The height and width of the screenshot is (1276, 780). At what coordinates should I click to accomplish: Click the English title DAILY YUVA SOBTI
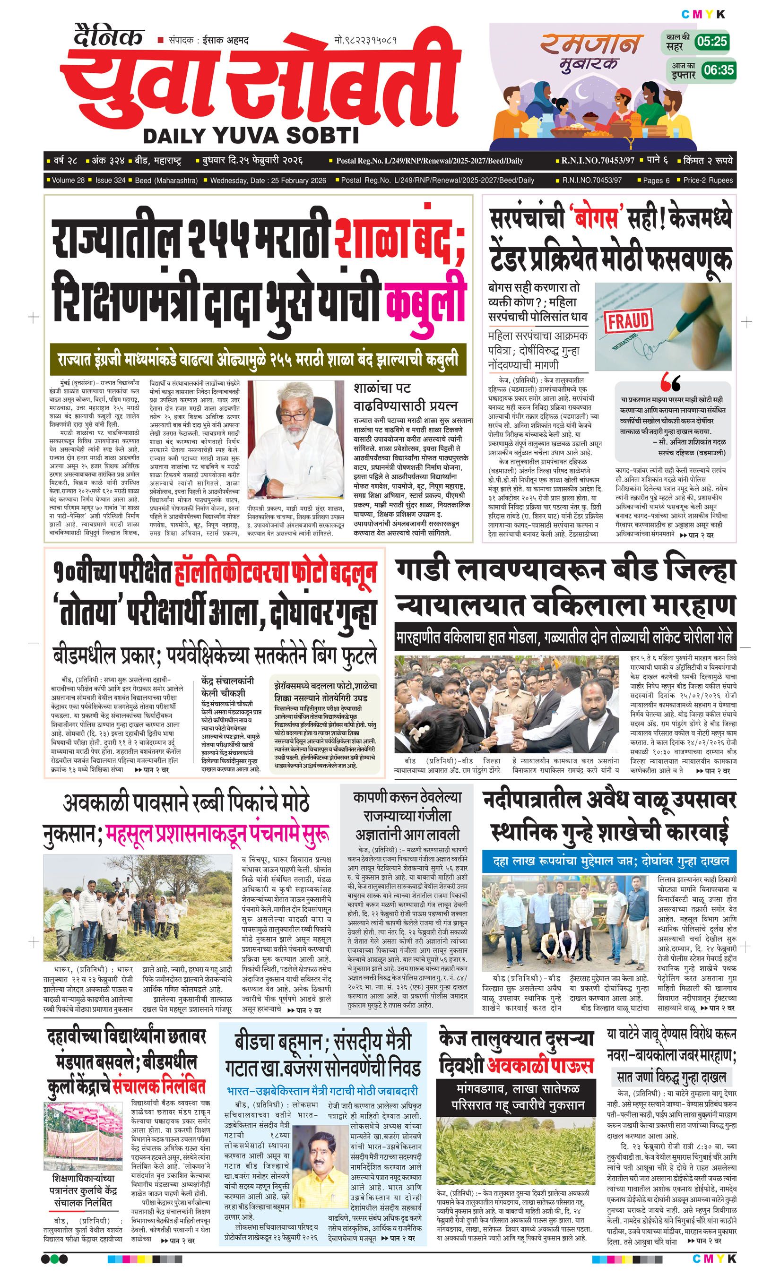click(x=251, y=136)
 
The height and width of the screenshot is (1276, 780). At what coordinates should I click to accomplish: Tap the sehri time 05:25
click(x=711, y=42)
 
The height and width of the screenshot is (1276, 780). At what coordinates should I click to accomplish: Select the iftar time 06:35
click(x=719, y=69)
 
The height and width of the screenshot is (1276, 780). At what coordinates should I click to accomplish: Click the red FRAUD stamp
click(x=627, y=321)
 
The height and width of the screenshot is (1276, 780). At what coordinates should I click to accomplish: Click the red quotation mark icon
click(x=671, y=384)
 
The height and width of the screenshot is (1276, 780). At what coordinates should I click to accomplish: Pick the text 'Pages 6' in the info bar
click(x=656, y=180)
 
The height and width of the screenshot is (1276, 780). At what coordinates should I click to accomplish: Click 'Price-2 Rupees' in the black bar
click(x=708, y=180)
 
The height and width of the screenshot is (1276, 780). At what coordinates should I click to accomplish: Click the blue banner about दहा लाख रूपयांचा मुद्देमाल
click(x=608, y=862)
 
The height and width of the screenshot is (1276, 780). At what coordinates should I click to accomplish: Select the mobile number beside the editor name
click(x=366, y=40)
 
